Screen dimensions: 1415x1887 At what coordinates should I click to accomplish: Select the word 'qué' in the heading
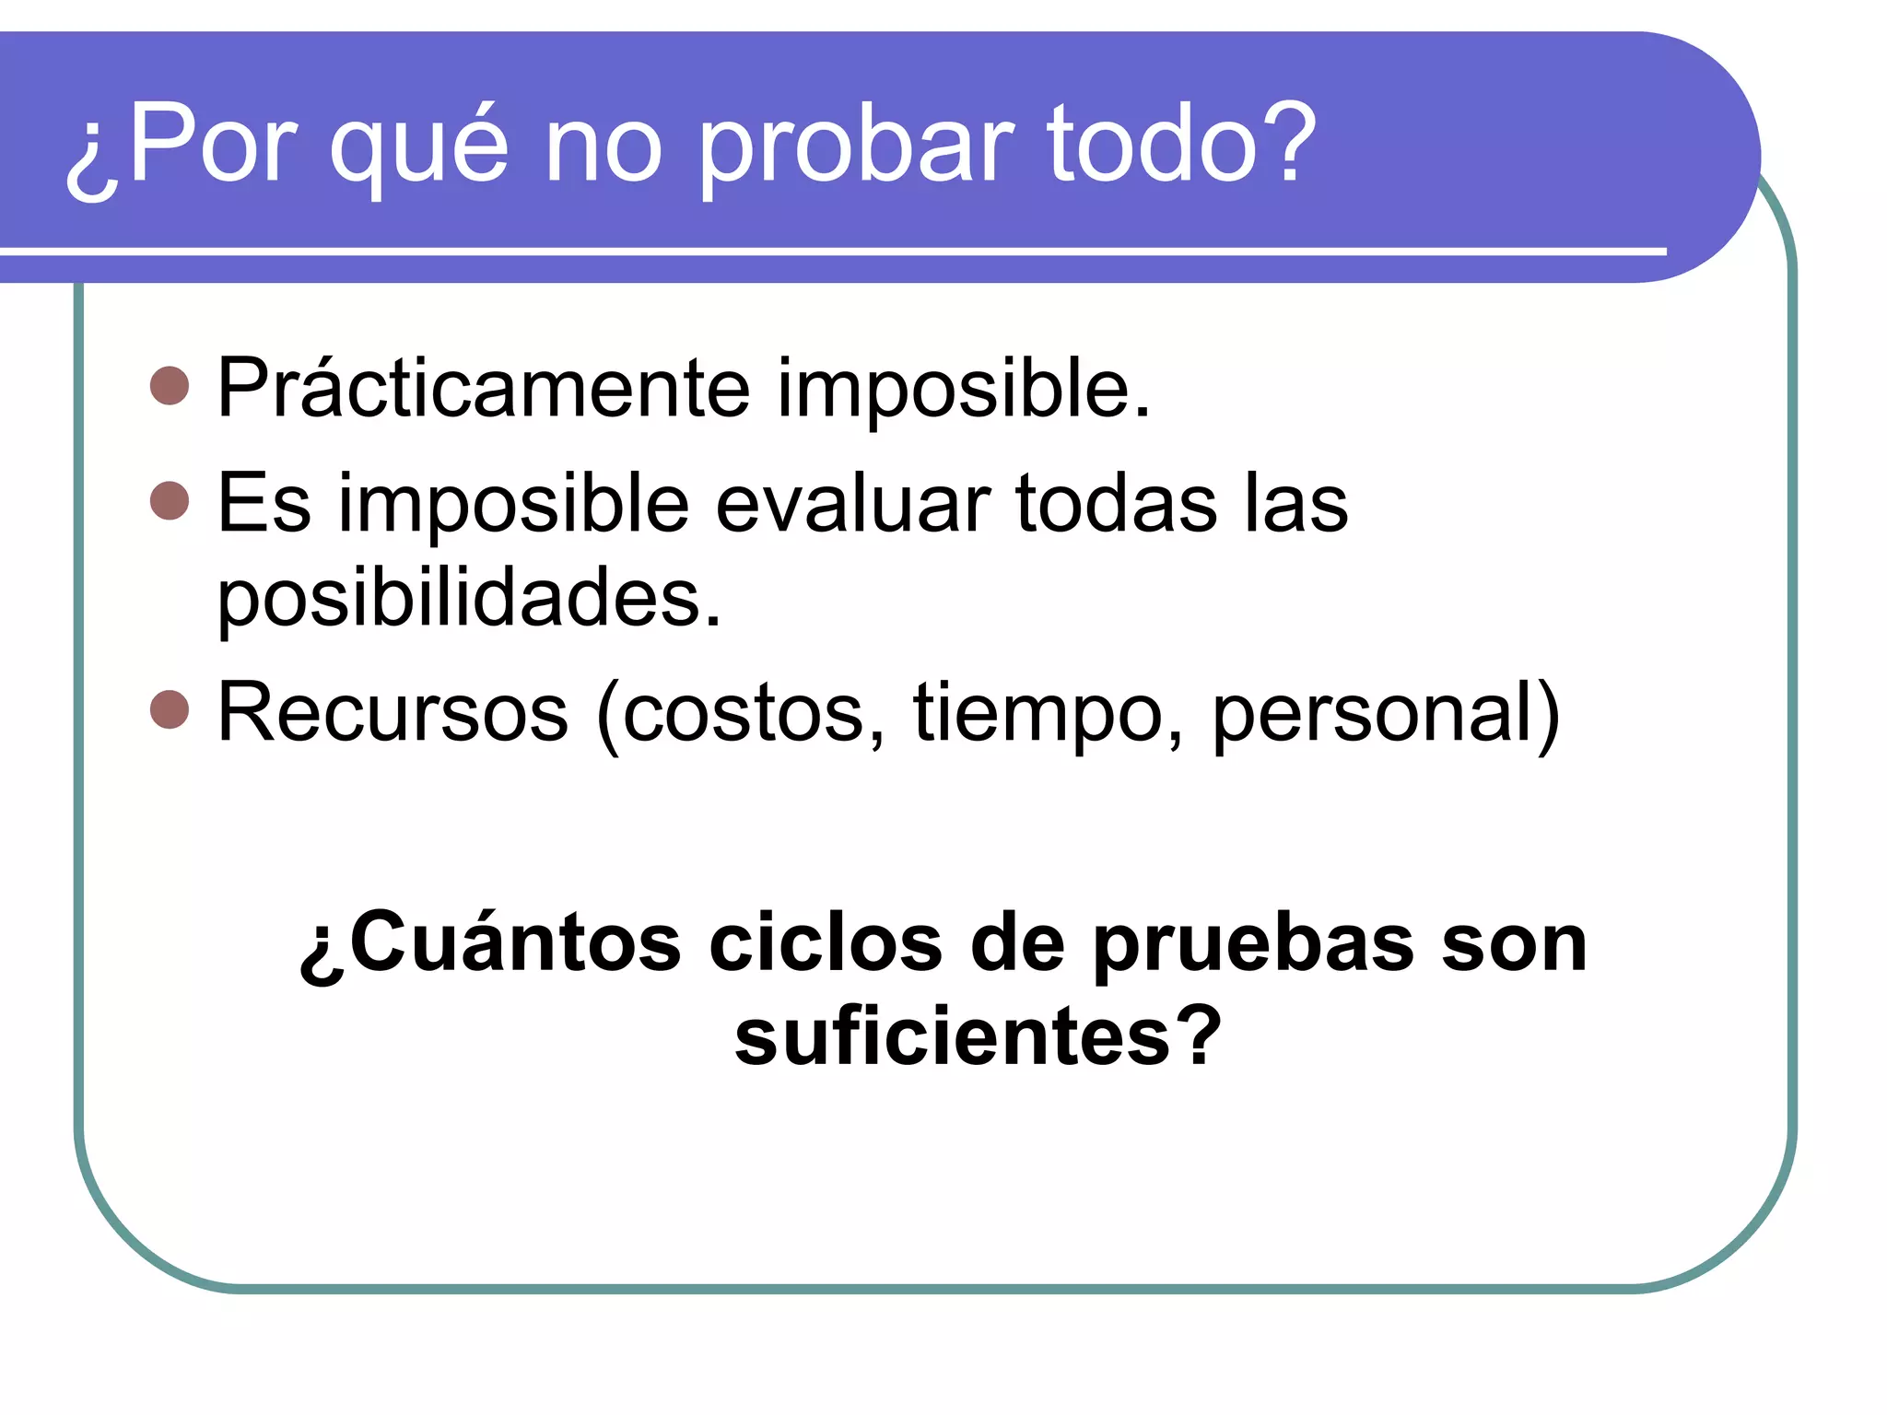point(419,147)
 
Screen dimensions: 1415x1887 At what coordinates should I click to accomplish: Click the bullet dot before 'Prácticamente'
point(170,386)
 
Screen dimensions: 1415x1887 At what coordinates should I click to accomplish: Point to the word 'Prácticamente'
point(484,389)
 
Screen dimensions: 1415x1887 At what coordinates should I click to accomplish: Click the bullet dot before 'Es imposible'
point(170,501)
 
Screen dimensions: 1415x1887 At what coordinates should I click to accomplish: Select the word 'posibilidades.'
point(469,599)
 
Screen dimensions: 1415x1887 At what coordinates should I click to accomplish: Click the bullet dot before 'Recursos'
point(170,709)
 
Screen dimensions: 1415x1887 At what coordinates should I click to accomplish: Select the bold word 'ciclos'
point(826,943)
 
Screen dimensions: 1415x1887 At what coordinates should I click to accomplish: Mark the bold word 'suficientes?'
point(978,1037)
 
